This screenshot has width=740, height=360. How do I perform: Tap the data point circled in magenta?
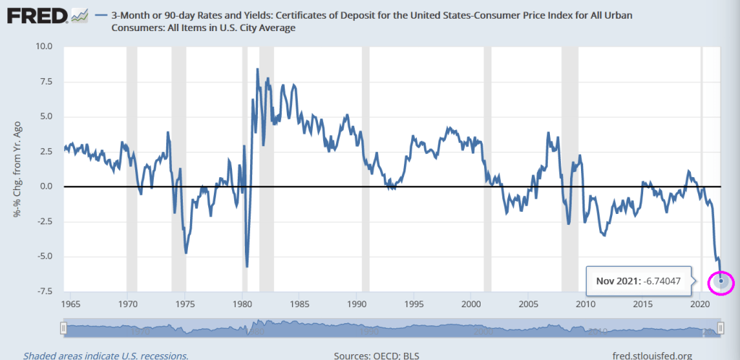point(721,281)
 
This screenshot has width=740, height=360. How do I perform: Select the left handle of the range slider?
point(64,329)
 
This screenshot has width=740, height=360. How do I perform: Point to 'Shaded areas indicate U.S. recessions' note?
point(106,355)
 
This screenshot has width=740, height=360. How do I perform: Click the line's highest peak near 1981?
point(257,69)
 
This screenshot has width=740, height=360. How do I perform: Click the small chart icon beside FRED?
point(80,15)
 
